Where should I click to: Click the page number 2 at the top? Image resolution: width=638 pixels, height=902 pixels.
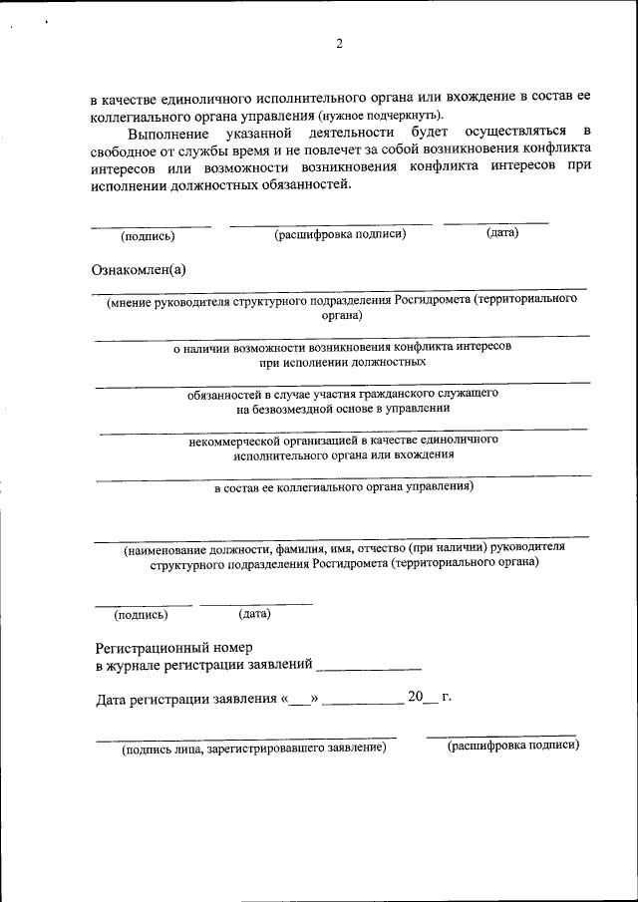point(339,43)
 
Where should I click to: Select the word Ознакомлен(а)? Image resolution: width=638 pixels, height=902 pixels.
point(139,269)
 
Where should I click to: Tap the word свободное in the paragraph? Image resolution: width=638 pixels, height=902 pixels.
point(125,150)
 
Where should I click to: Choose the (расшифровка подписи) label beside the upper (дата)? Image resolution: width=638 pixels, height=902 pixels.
point(340,235)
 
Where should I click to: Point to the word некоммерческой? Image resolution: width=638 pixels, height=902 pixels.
point(236,440)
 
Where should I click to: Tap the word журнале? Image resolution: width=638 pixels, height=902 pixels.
point(136,664)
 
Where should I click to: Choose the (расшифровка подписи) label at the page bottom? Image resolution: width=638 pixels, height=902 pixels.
point(512,745)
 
